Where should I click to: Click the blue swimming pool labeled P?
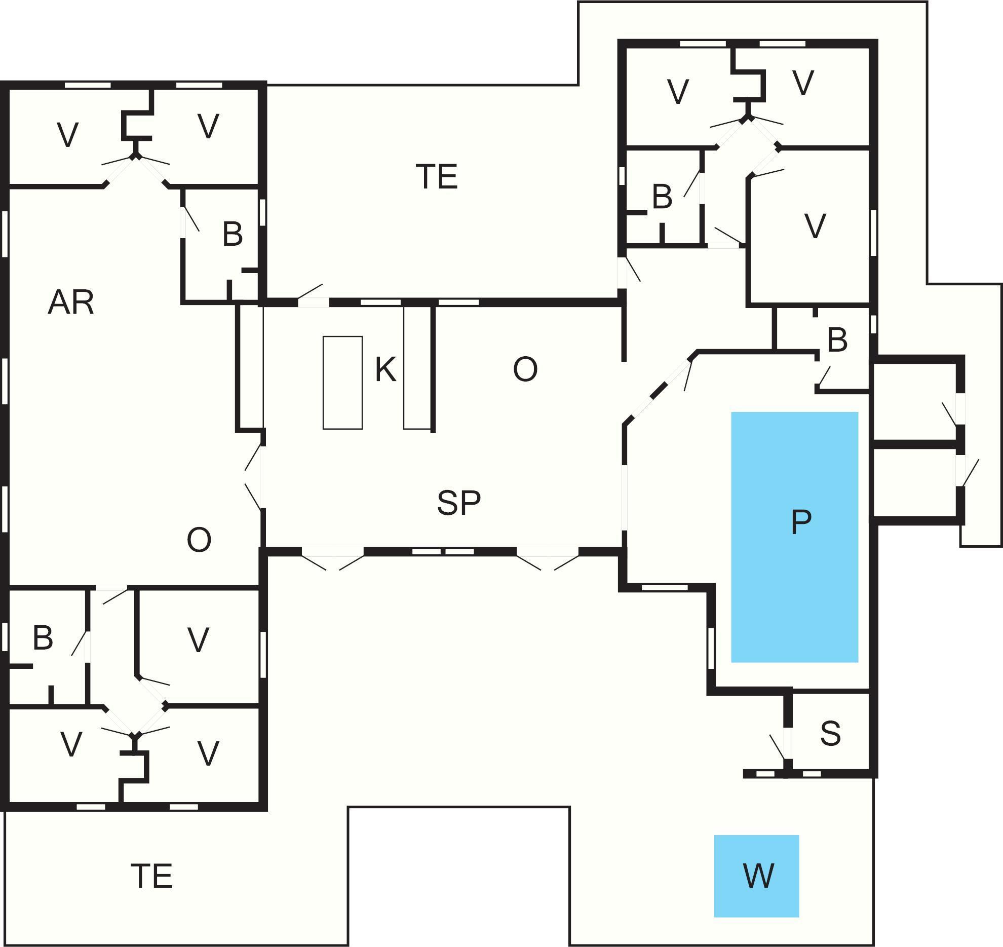click(x=794, y=537)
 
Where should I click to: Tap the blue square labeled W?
click(x=757, y=876)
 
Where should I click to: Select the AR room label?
click(x=71, y=303)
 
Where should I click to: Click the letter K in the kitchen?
click(x=385, y=369)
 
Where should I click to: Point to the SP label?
click(x=458, y=503)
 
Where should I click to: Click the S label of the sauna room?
click(x=830, y=733)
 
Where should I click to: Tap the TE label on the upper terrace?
click(x=437, y=177)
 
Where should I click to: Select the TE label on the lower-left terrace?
click(x=151, y=876)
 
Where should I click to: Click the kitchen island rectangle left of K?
click(x=342, y=383)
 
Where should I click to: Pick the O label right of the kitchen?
click(x=525, y=369)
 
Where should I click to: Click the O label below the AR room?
click(x=199, y=540)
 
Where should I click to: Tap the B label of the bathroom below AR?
click(x=43, y=638)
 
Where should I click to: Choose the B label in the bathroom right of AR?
click(x=232, y=235)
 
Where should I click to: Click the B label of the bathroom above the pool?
click(x=837, y=340)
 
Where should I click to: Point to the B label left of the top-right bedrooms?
click(x=662, y=197)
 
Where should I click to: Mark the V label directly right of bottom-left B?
click(x=198, y=640)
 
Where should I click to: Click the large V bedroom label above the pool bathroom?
click(x=815, y=226)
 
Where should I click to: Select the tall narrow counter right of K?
click(x=417, y=367)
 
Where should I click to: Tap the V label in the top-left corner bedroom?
click(x=67, y=135)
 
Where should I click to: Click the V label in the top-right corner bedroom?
click(x=803, y=83)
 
